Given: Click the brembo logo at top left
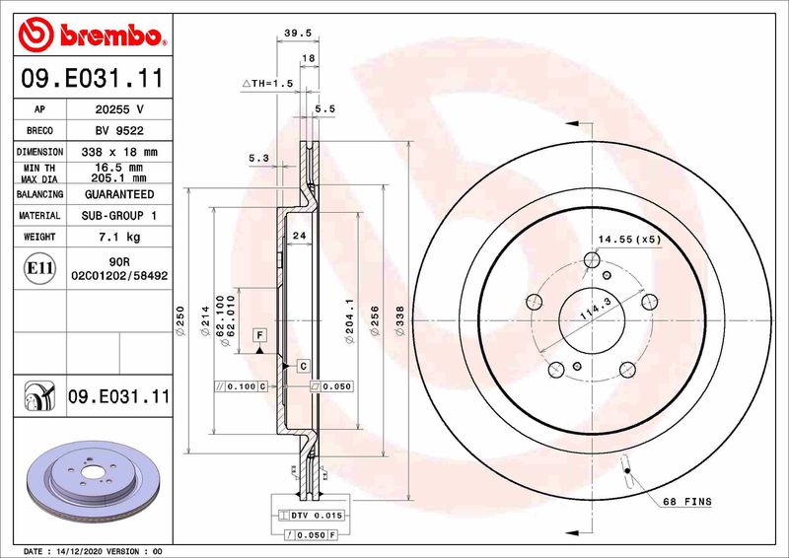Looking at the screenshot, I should coord(90,36).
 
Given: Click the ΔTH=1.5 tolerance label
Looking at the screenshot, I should coord(269,85).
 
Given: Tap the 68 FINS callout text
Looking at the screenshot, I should coord(685,502).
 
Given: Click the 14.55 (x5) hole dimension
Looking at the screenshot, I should coord(628,239).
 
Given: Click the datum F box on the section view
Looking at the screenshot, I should coord(259,335).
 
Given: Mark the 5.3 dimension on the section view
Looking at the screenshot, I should coord(258,158).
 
